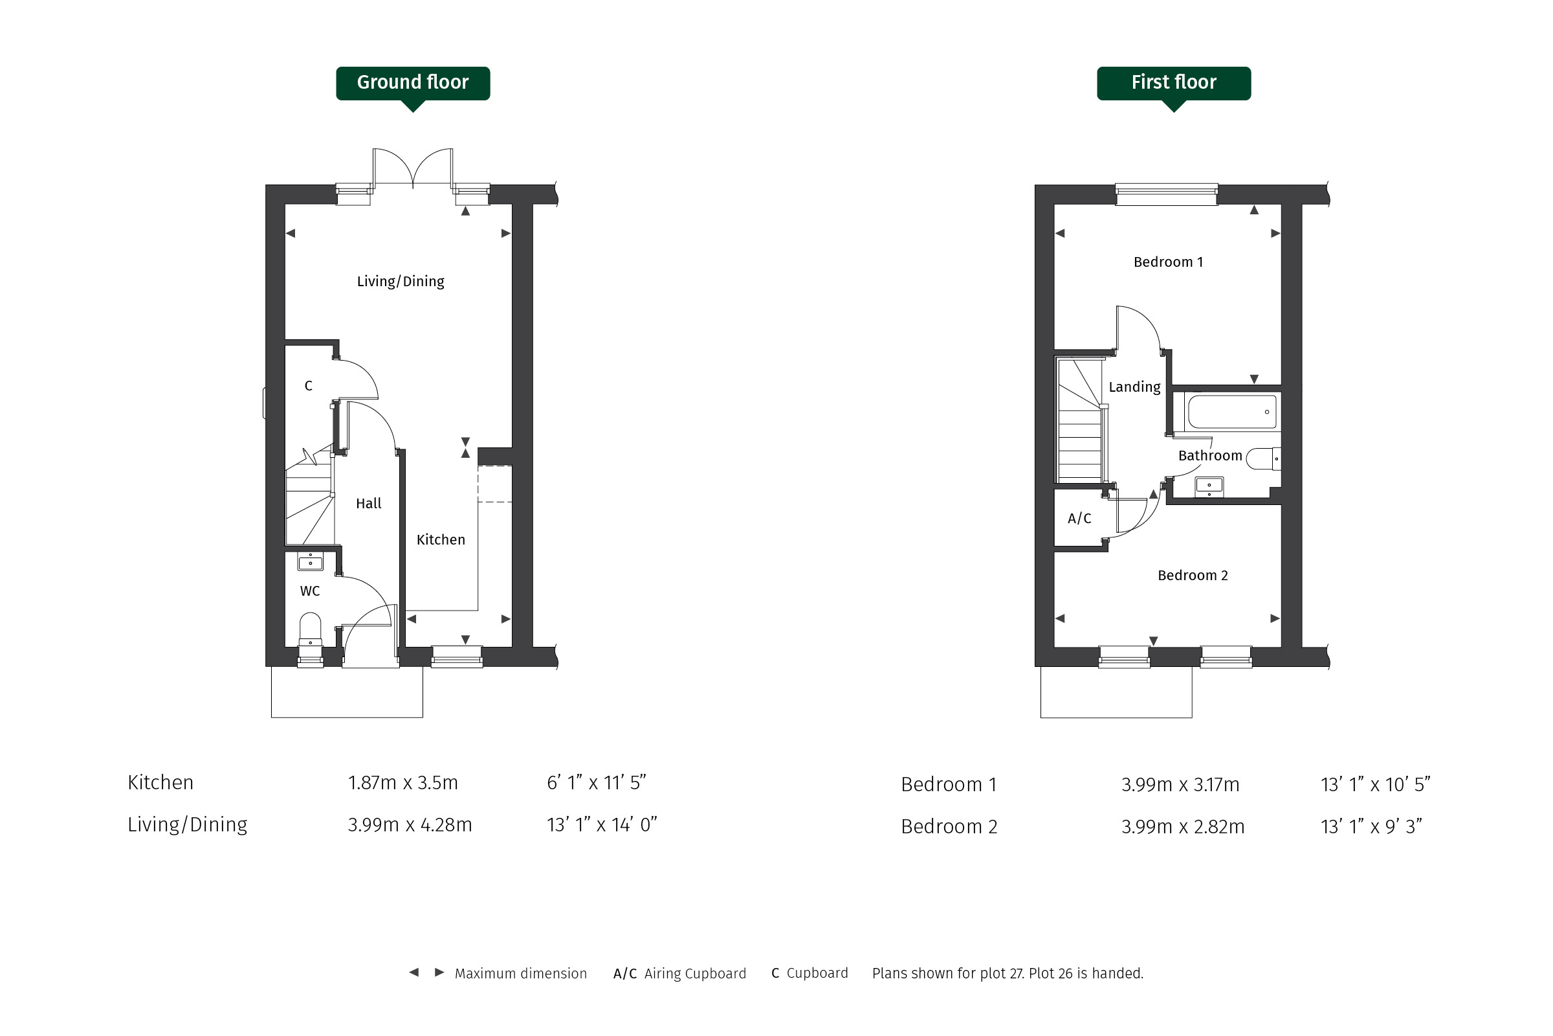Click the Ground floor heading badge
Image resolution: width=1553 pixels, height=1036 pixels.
pos(413,84)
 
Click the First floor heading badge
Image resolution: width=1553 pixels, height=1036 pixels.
pos(1173,84)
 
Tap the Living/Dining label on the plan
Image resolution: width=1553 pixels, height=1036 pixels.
pos(400,282)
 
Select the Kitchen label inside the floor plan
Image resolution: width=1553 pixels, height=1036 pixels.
pos(441,540)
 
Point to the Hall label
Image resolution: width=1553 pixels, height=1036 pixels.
pos(368,504)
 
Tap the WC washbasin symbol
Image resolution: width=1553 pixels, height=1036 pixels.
pos(311,561)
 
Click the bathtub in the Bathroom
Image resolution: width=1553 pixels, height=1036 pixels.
pos(1232,412)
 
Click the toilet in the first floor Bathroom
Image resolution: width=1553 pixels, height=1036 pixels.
pos(1264,458)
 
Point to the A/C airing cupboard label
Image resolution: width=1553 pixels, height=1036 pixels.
pos(1079,519)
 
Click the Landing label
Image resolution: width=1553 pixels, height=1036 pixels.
pos(1134,387)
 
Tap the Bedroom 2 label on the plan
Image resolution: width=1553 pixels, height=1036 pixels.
pos(1193,576)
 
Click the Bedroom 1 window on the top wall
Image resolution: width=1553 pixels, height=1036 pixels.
pos(1166,194)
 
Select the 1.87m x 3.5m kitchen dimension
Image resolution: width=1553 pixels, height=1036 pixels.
pos(402,783)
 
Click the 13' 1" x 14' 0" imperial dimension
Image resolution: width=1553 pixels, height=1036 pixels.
pos(602,824)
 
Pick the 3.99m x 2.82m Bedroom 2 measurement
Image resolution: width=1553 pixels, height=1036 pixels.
pos(1183,827)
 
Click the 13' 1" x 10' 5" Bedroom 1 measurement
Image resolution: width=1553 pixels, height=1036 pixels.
pos(1376,784)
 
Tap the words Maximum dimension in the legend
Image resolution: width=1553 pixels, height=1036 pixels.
pos(520,973)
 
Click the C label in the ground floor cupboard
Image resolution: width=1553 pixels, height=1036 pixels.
pos(309,386)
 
